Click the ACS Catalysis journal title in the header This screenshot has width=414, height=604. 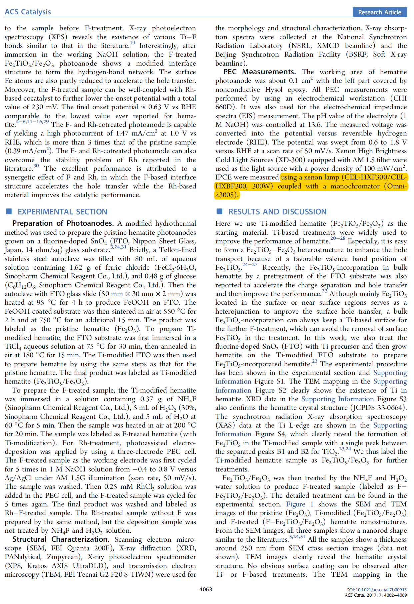(x=28, y=12)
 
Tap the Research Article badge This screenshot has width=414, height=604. (x=379, y=12)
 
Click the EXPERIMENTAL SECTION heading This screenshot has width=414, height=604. (x=62, y=212)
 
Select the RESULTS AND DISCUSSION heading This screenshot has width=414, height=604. (x=277, y=212)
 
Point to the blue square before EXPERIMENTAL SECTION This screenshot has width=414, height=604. (x=9, y=211)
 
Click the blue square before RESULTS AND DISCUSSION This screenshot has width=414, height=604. (x=219, y=211)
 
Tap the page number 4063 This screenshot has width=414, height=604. (x=206, y=589)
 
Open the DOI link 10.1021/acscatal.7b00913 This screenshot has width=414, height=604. (x=381, y=590)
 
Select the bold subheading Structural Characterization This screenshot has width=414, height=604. (x=61, y=539)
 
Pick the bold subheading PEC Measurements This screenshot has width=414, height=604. (x=259, y=72)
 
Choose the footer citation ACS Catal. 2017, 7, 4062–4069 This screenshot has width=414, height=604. (x=376, y=595)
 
